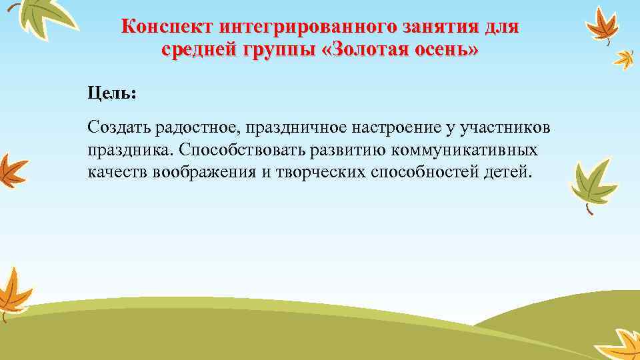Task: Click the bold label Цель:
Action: click(111, 93)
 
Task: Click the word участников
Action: click(511, 127)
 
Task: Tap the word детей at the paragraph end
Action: click(508, 172)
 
